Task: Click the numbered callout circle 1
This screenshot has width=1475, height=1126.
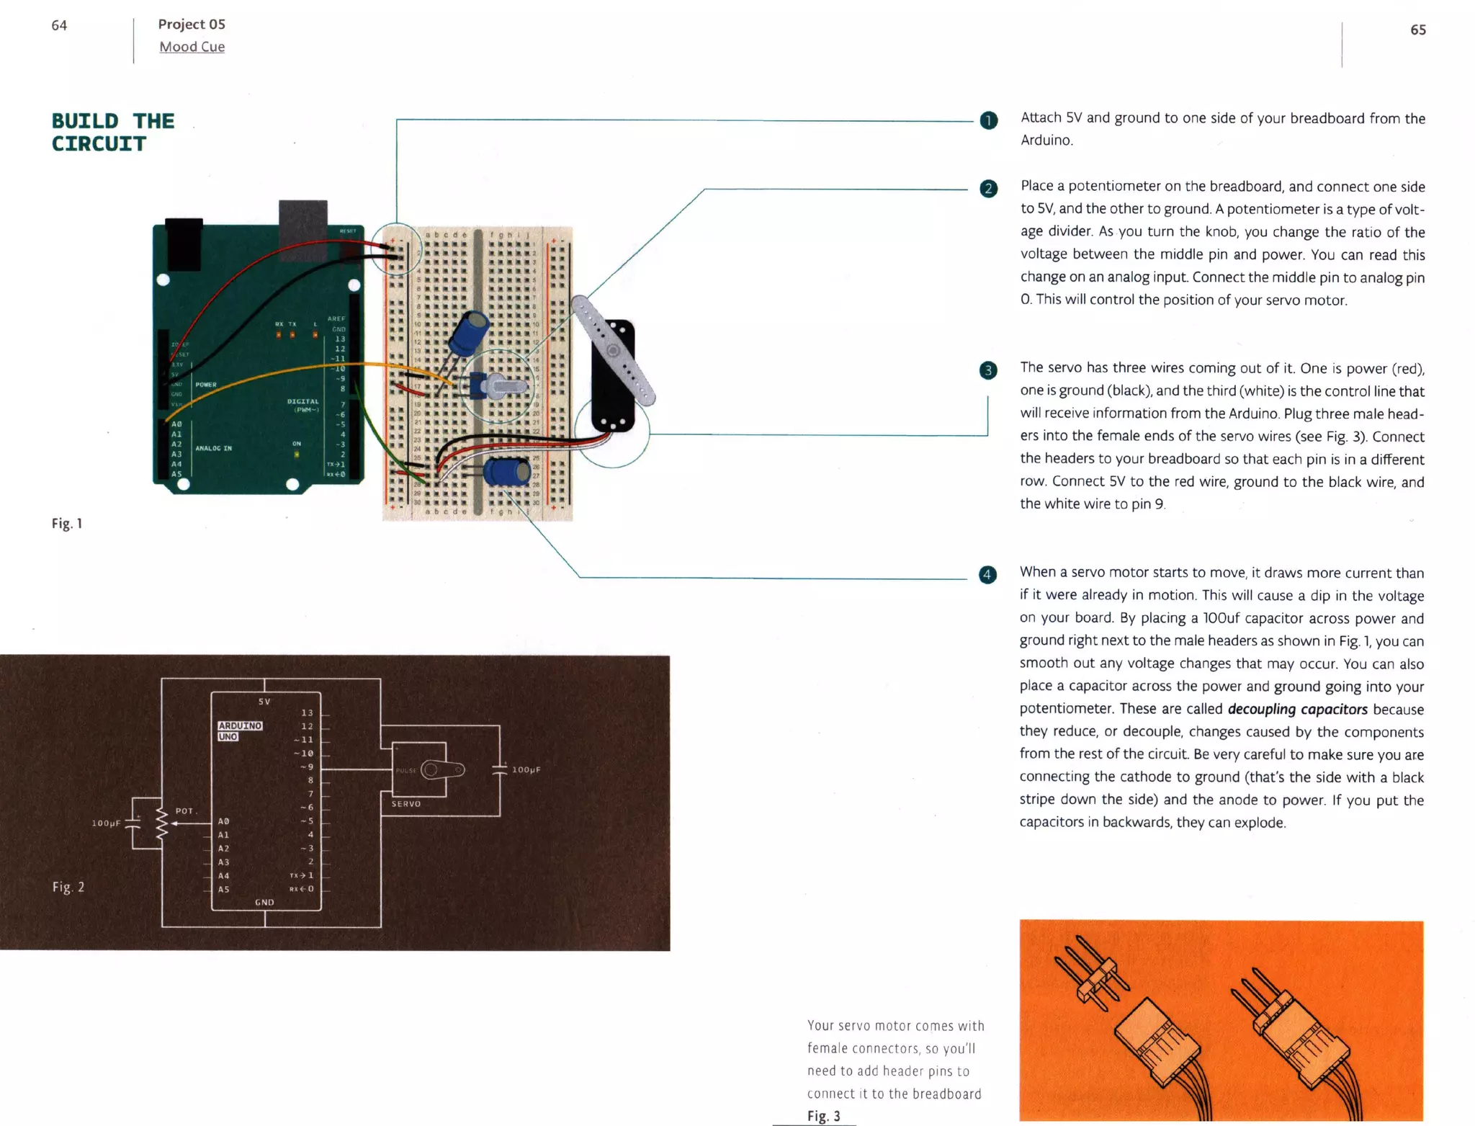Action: (989, 120)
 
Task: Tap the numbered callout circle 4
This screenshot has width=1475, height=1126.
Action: (987, 574)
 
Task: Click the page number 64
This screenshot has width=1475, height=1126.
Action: (59, 25)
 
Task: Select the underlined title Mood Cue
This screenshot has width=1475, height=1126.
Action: (192, 47)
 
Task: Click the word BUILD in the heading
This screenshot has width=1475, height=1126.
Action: (85, 121)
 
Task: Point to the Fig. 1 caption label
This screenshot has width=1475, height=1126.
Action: (67, 524)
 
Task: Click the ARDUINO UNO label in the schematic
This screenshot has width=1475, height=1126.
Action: (239, 730)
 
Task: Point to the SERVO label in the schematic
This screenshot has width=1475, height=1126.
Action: (405, 803)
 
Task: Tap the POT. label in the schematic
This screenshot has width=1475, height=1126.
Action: (186, 810)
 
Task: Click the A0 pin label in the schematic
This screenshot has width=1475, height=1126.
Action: (223, 821)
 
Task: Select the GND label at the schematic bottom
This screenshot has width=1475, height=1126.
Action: (264, 902)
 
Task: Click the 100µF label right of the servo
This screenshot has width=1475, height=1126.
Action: (526, 769)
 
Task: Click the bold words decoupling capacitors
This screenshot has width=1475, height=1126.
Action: (1297, 709)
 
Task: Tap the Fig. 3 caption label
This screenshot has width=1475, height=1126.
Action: (823, 1116)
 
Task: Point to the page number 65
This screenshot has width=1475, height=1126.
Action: (1417, 30)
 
